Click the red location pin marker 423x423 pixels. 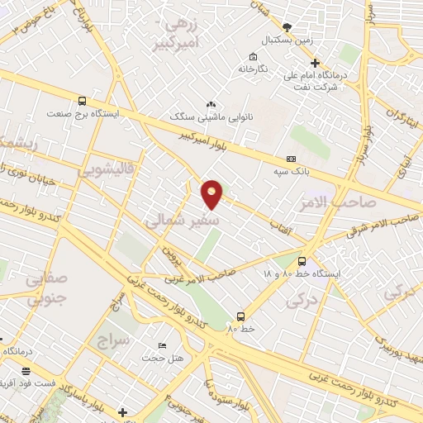pyautogui.click(x=212, y=194)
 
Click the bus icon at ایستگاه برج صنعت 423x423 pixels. pyautogui.click(x=81, y=101)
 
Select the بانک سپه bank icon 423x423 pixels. pyautogui.click(x=290, y=158)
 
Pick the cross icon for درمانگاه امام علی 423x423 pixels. pyautogui.click(x=314, y=63)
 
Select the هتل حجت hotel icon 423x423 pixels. pyautogui.click(x=162, y=345)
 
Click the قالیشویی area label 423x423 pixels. pyautogui.click(x=107, y=170)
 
